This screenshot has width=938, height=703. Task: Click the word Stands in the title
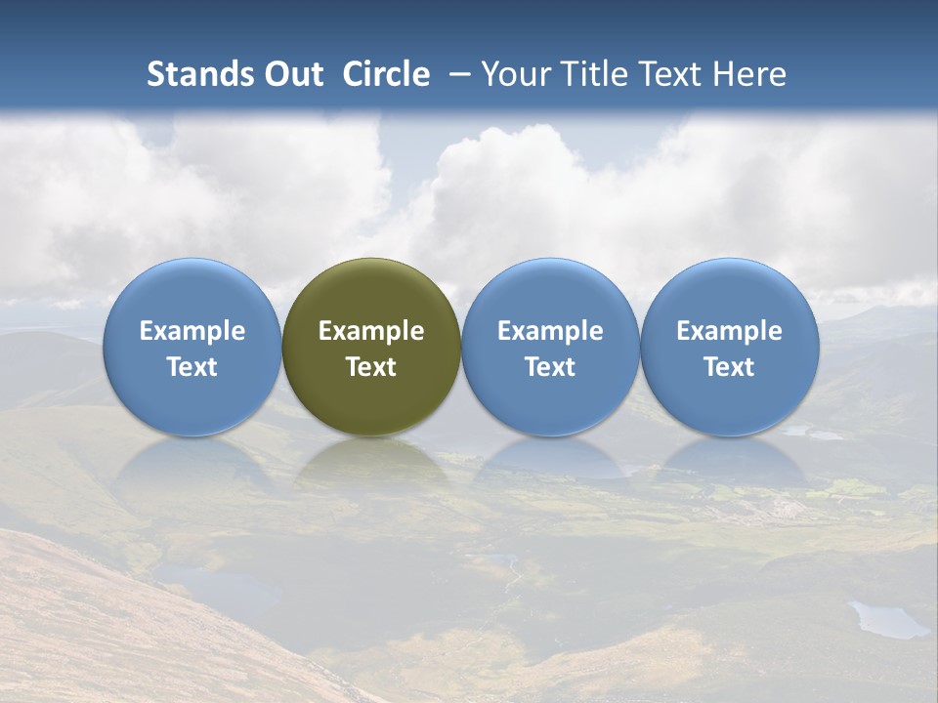pos(200,74)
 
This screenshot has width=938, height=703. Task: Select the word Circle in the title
pos(386,74)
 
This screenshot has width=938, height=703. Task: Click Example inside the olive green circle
pos(371,331)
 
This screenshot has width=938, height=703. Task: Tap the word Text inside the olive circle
pos(371,367)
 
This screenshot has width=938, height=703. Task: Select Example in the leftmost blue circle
pos(192,331)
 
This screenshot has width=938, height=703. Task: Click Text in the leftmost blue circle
pos(192,367)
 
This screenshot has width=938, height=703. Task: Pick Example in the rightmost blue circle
pos(730,331)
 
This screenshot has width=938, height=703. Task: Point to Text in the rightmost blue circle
pos(730,367)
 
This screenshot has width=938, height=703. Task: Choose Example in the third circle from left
pos(550,331)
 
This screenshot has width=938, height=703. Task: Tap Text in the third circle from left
pos(550,367)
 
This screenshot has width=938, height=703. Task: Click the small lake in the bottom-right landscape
pos(887,619)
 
